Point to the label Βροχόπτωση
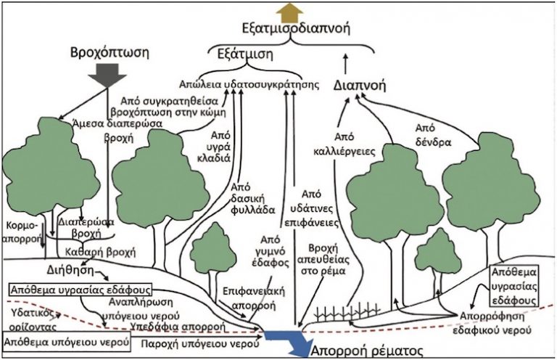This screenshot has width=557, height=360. click(x=110, y=54)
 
